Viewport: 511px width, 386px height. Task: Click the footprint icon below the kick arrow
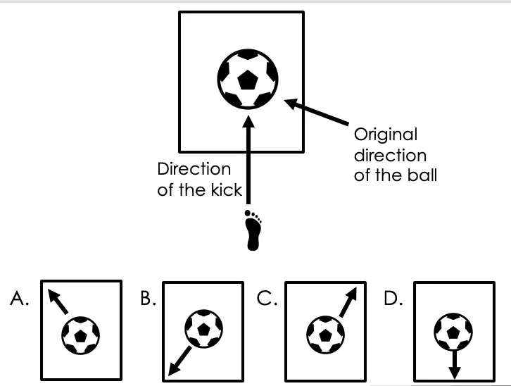tap(253, 230)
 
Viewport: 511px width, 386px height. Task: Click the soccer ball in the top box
tap(248, 79)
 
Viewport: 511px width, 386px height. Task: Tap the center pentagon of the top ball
tap(248, 80)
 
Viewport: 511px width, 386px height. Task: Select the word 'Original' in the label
tap(386, 135)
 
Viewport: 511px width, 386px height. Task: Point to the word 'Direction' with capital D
tap(194, 169)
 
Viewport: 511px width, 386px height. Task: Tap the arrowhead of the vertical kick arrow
tap(248, 121)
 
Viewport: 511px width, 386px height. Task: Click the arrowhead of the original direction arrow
tap(291, 103)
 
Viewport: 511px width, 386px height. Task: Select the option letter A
tap(20, 298)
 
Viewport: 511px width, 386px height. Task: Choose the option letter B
tap(149, 298)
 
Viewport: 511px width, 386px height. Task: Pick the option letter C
tap(267, 298)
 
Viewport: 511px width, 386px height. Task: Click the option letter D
tap(393, 298)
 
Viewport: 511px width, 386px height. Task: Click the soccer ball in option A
tap(80, 335)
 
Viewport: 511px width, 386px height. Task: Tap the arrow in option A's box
tap(58, 301)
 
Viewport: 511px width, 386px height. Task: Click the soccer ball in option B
tap(203, 329)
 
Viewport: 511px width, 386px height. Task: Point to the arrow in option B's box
tap(179, 361)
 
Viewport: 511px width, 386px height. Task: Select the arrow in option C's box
tap(348, 302)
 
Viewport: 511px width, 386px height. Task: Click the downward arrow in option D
tap(454, 364)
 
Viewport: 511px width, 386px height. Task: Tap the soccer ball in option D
tap(453, 332)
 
